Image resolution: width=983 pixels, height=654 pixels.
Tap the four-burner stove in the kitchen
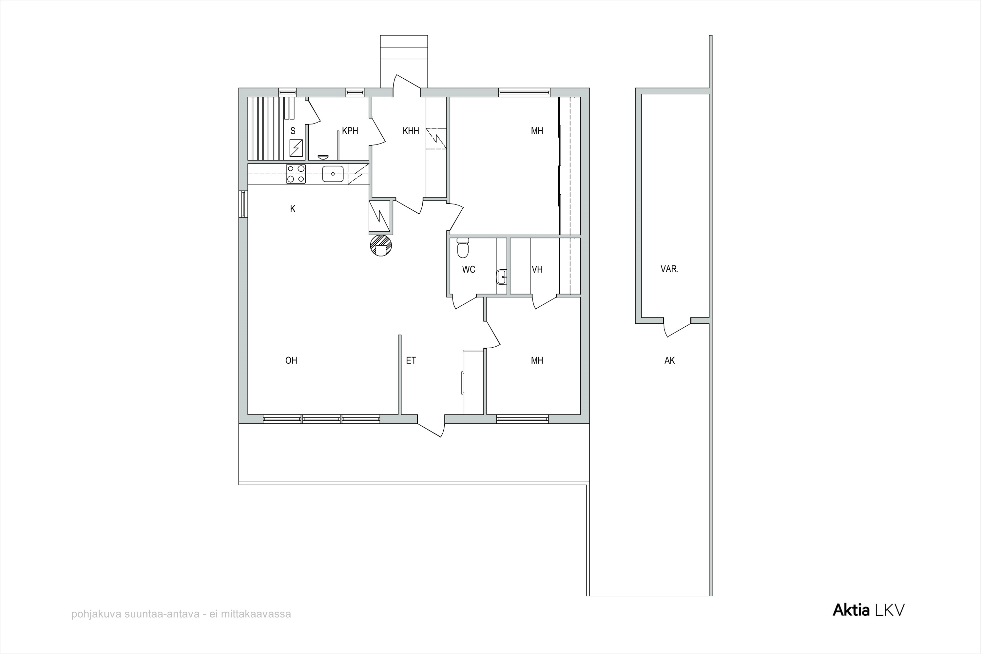(x=296, y=174)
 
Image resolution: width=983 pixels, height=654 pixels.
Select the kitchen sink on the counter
(x=333, y=174)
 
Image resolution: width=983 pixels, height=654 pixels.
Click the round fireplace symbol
(x=381, y=245)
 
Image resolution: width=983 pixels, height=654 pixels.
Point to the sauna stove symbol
(x=296, y=148)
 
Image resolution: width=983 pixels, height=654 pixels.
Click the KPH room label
(x=350, y=131)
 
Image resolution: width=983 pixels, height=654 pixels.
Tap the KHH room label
(x=411, y=131)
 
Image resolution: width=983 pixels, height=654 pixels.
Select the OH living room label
(x=291, y=360)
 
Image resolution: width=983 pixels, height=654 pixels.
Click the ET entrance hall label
(x=411, y=360)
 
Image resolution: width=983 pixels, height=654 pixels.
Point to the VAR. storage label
(x=669, y=269)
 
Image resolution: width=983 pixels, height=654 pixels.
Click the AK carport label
(x=669, y=360)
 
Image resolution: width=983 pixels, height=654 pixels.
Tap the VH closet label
(x=537, y=269)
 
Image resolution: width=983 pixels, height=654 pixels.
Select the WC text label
(x=469, y=269)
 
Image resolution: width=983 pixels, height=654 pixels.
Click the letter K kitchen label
(x=293, y=209)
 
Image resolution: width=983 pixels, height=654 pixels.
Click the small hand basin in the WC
(x=502, y=277)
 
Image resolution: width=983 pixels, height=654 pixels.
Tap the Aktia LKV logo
(x=869, y=610)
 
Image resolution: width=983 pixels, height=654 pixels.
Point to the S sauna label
(x=293, y=131)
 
